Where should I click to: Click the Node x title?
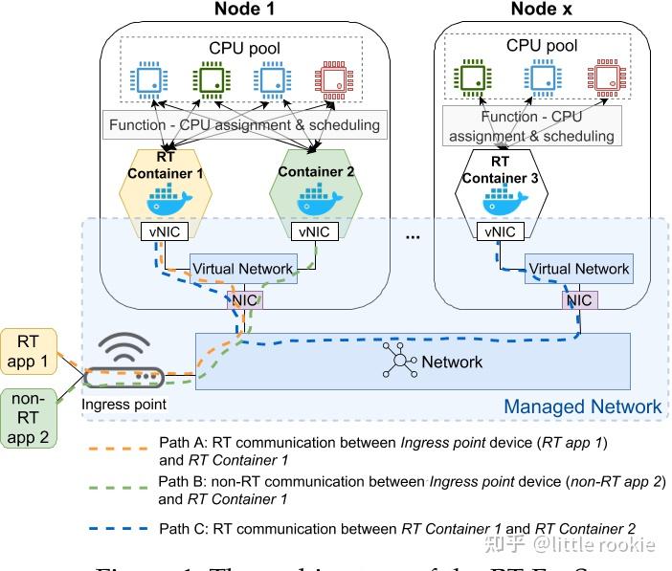[x=543, y=10]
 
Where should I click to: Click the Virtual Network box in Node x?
[x=579, y=269]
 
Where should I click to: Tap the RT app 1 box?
[x=28, y=351]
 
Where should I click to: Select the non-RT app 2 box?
[x=28, y=418]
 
